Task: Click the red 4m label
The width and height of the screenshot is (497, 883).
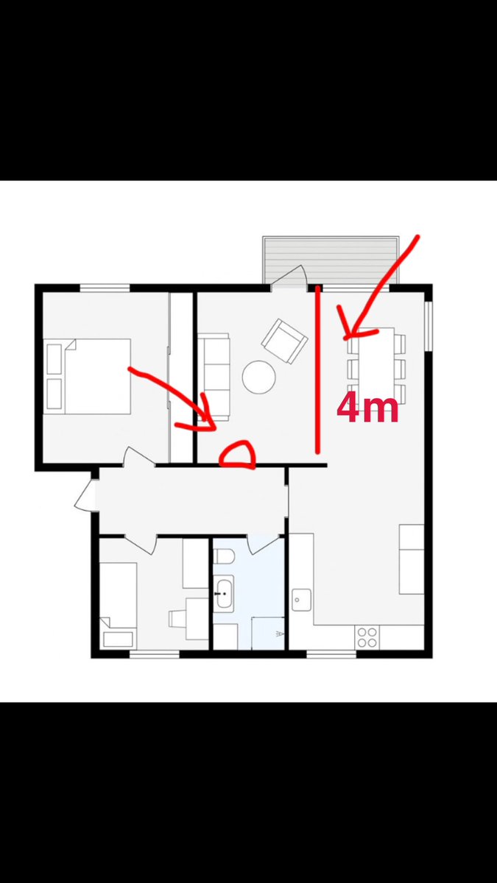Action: coord(367,409)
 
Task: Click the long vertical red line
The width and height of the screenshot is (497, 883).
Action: coord(317,370)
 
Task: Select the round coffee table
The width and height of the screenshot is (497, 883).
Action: coord(258,377)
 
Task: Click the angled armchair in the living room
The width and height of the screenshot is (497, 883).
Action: coord(284,341)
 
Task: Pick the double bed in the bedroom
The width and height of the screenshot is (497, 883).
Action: coord(87,376)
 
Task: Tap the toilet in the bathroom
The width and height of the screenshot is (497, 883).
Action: coord(224,556)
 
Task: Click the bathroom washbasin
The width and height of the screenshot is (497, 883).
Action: coord(224,594)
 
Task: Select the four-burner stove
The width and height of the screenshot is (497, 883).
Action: coord(367,638)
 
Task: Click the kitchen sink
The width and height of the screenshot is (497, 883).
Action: coord(301,600)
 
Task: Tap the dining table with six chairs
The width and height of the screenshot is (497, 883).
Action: coord(376,366)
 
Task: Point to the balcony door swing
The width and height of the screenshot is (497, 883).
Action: coord(289,278)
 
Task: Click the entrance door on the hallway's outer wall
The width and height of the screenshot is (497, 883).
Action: coord(85,494)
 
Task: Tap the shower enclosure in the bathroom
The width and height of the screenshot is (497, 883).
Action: coord(268,633)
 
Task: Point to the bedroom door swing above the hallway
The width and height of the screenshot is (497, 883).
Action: coord(139,457)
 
